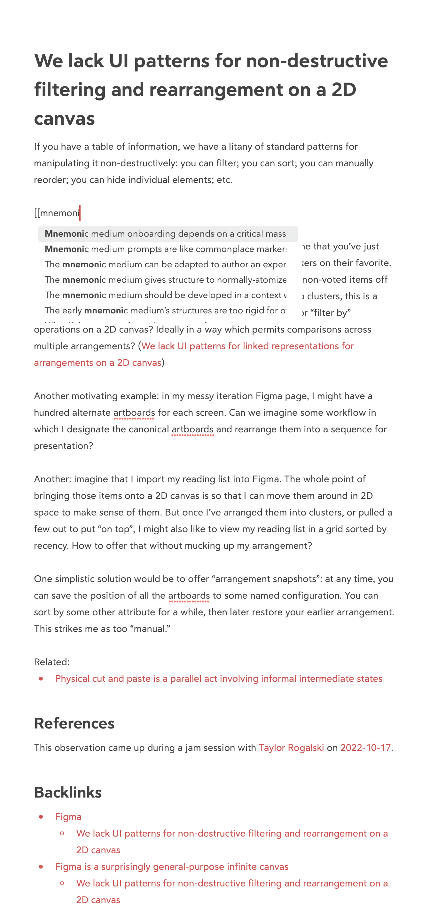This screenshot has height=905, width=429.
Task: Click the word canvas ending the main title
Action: [64, 118]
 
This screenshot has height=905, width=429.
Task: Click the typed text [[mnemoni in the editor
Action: [57, 213]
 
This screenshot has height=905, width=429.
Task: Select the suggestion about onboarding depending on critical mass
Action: [165, 234]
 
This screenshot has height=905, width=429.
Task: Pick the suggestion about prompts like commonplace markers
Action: [165, 249]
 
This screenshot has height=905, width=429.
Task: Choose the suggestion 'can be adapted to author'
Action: [165, 264]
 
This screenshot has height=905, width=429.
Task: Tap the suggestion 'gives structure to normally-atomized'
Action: [165, 279]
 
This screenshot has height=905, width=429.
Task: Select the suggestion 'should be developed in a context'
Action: [165, 295]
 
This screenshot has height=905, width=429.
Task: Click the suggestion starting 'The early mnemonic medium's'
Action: [165, 311]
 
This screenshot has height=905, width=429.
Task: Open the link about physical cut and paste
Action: [218, 678]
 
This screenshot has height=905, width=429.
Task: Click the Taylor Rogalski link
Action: [291, 748]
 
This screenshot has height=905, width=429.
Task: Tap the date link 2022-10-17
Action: [365, 748]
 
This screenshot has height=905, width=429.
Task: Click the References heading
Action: [74, 723]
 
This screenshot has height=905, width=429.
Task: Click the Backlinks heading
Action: [68, 792]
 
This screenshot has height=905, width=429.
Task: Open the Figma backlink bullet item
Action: [68, 817]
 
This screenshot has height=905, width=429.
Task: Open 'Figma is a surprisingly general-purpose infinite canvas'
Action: [171, 867]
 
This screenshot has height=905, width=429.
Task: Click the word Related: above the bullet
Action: [51, 662]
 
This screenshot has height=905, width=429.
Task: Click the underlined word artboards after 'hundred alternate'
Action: [134, 413]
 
